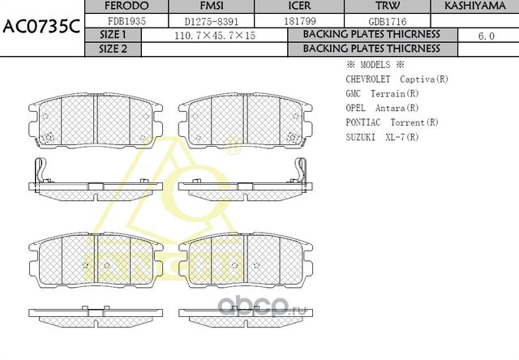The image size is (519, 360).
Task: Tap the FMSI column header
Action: (x=200, y=6)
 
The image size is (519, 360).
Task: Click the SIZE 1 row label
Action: (x=113, y=35)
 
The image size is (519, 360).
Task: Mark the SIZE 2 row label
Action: (x=113, y=49)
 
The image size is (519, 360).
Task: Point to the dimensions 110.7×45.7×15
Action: (x=215, y=36)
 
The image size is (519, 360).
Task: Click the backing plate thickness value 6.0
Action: (x=487, y=36)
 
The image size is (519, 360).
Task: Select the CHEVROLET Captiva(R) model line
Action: (x=397, y=79)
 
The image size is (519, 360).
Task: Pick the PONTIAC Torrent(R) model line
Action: (x=392, y=122)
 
